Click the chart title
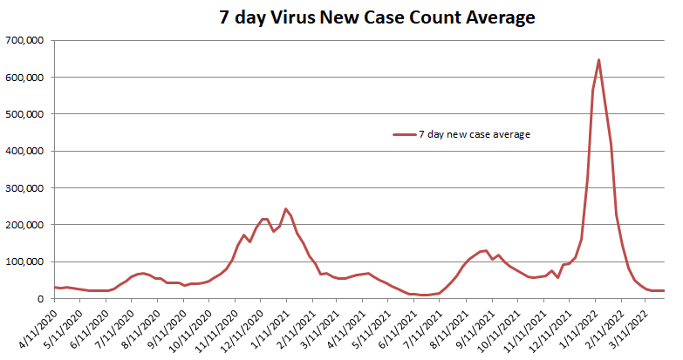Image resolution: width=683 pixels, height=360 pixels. tap(377, 17)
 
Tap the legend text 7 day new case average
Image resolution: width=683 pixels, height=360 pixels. tap(475, 134)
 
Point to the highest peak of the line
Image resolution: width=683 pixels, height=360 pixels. tap(598, 60)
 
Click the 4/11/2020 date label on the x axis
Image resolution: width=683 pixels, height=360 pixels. tap(40, 326)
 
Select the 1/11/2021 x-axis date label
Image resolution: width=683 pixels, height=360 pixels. tap(271, 326)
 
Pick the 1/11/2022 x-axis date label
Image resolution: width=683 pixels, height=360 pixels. tap(580, 326)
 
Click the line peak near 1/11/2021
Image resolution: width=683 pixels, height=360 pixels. tap(285, 209)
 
